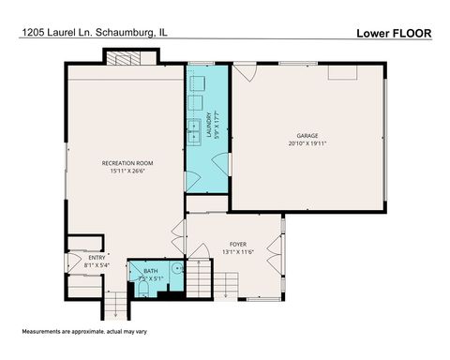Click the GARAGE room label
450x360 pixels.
(308, 135)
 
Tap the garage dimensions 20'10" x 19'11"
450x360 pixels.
(308, 143)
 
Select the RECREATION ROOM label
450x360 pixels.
(127, 163)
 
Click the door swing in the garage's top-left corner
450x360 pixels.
(244, 69)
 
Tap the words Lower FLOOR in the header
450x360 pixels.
(393, 34)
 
